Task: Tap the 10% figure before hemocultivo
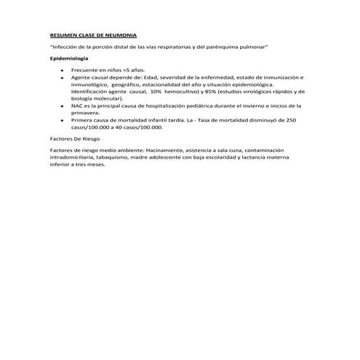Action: point(155,92)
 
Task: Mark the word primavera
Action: point(87,113)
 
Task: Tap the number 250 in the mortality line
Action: point(291,120)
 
